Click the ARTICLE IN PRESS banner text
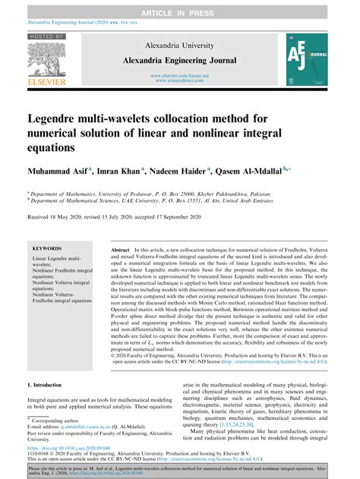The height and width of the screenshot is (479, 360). click(179, 7)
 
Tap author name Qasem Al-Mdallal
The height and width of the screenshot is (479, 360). click(297, 171)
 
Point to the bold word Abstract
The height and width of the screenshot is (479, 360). click(121, 249)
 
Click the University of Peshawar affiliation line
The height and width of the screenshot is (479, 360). click(149, 194)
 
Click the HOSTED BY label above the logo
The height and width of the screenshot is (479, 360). click(46, 36)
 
